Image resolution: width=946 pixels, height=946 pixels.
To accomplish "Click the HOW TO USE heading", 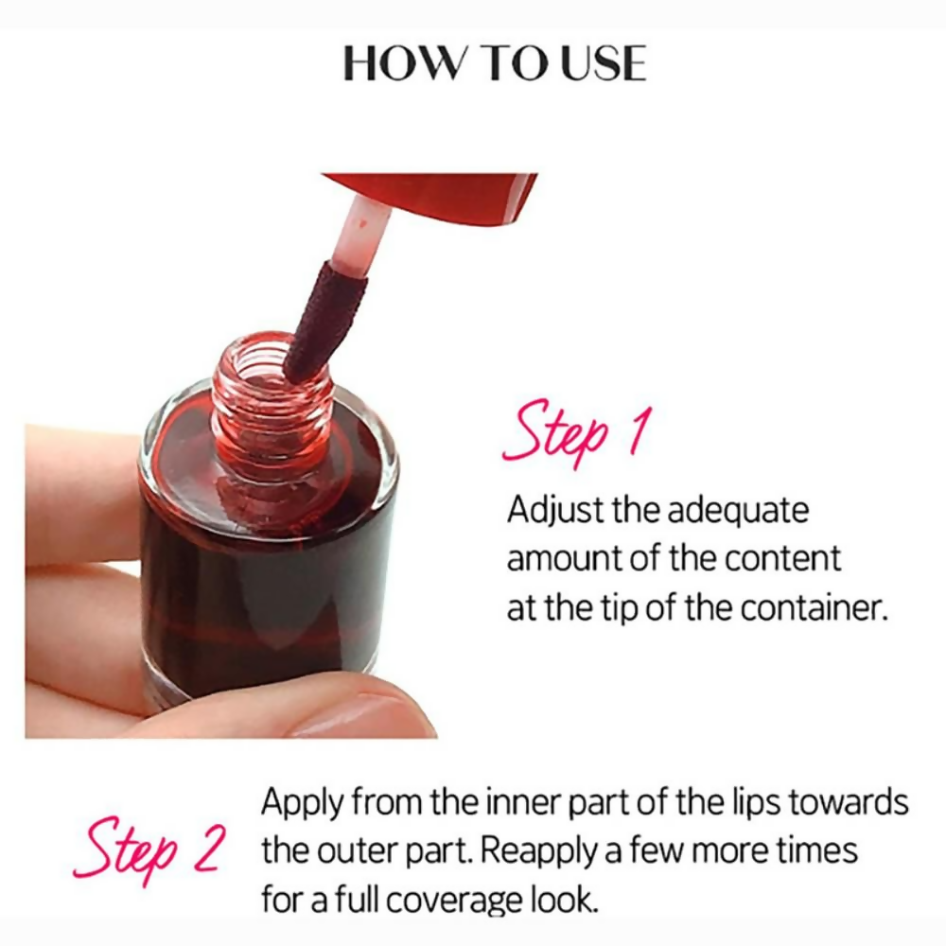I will pyautogui.click(x=494, y=62).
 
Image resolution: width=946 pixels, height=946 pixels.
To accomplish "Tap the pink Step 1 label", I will pyautogui.click(x=576, y=434).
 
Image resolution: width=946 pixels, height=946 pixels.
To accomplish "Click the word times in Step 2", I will pyautogui.click(x=815, y=850).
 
